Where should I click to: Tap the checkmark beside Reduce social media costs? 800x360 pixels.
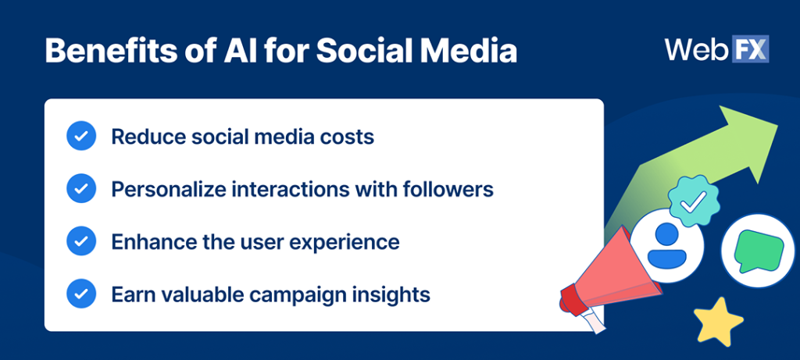[x=81, y=137]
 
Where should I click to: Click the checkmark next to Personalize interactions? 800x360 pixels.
[x=81, y=189]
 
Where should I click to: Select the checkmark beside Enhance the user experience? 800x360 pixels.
[x=81, y=241]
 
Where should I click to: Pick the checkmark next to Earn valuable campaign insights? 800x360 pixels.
[x=81, y=294]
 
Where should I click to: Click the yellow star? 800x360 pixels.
[x=718, y=320]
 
